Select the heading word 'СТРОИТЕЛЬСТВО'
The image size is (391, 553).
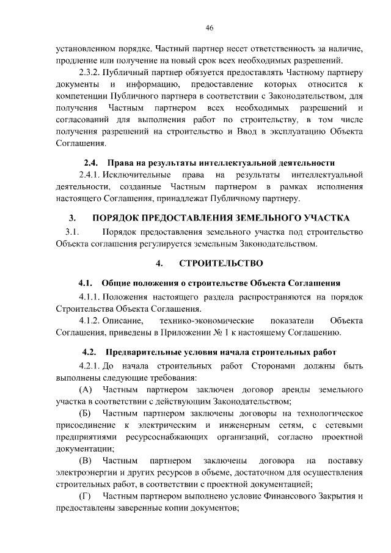point(221,263)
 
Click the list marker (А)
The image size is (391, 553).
point(86,390)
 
